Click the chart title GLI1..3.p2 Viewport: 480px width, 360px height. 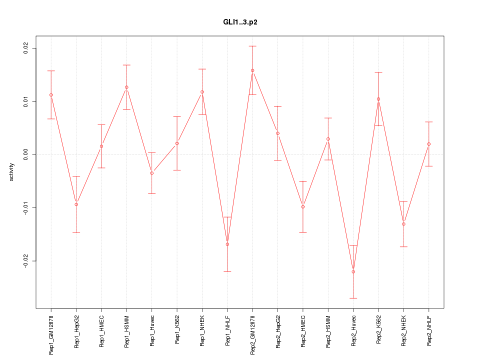pyautogui.click(x=240, y=22)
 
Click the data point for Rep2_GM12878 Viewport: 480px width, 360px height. pyautogui.click(x=252, y=70)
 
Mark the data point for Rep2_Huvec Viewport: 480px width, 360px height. pyautogui.click(x=353, y=271)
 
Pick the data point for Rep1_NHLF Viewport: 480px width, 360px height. pyautogui.click(x=227, y=244)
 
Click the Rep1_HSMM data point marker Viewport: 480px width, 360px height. pyautogui.click(x=126, y=87)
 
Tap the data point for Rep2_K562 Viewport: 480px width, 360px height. pyautogui.click(x=378, y=99)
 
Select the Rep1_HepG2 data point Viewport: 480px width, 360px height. pyautogui.click(x=76, y=204)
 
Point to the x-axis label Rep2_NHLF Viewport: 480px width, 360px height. pyautogui.click(x=429, y=330)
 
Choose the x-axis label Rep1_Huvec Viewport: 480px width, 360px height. pyautogui.click(x=152, y=330)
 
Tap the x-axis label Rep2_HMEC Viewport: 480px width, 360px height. pyautogui.click(x=303, y=330)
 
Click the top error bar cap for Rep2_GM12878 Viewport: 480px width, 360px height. pyautogui.click(x=252, y=46)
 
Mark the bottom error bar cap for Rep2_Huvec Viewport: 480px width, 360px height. pyautogui.click(x=353, y=298)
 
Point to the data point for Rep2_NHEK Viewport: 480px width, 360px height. pyautogui.click(x=403, y=224)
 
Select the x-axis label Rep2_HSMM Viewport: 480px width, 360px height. pyautogui.click(x=328, y=330)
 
